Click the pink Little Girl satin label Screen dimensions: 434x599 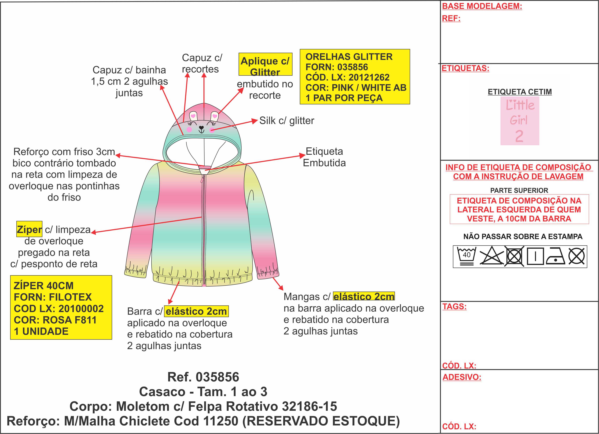(520, 121)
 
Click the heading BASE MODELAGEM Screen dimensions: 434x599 (482, 6)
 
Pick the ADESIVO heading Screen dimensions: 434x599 (462, 377)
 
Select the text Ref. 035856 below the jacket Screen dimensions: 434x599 (203, 377)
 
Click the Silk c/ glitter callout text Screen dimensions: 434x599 (286, 121)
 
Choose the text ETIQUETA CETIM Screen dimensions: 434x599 (520, 92)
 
